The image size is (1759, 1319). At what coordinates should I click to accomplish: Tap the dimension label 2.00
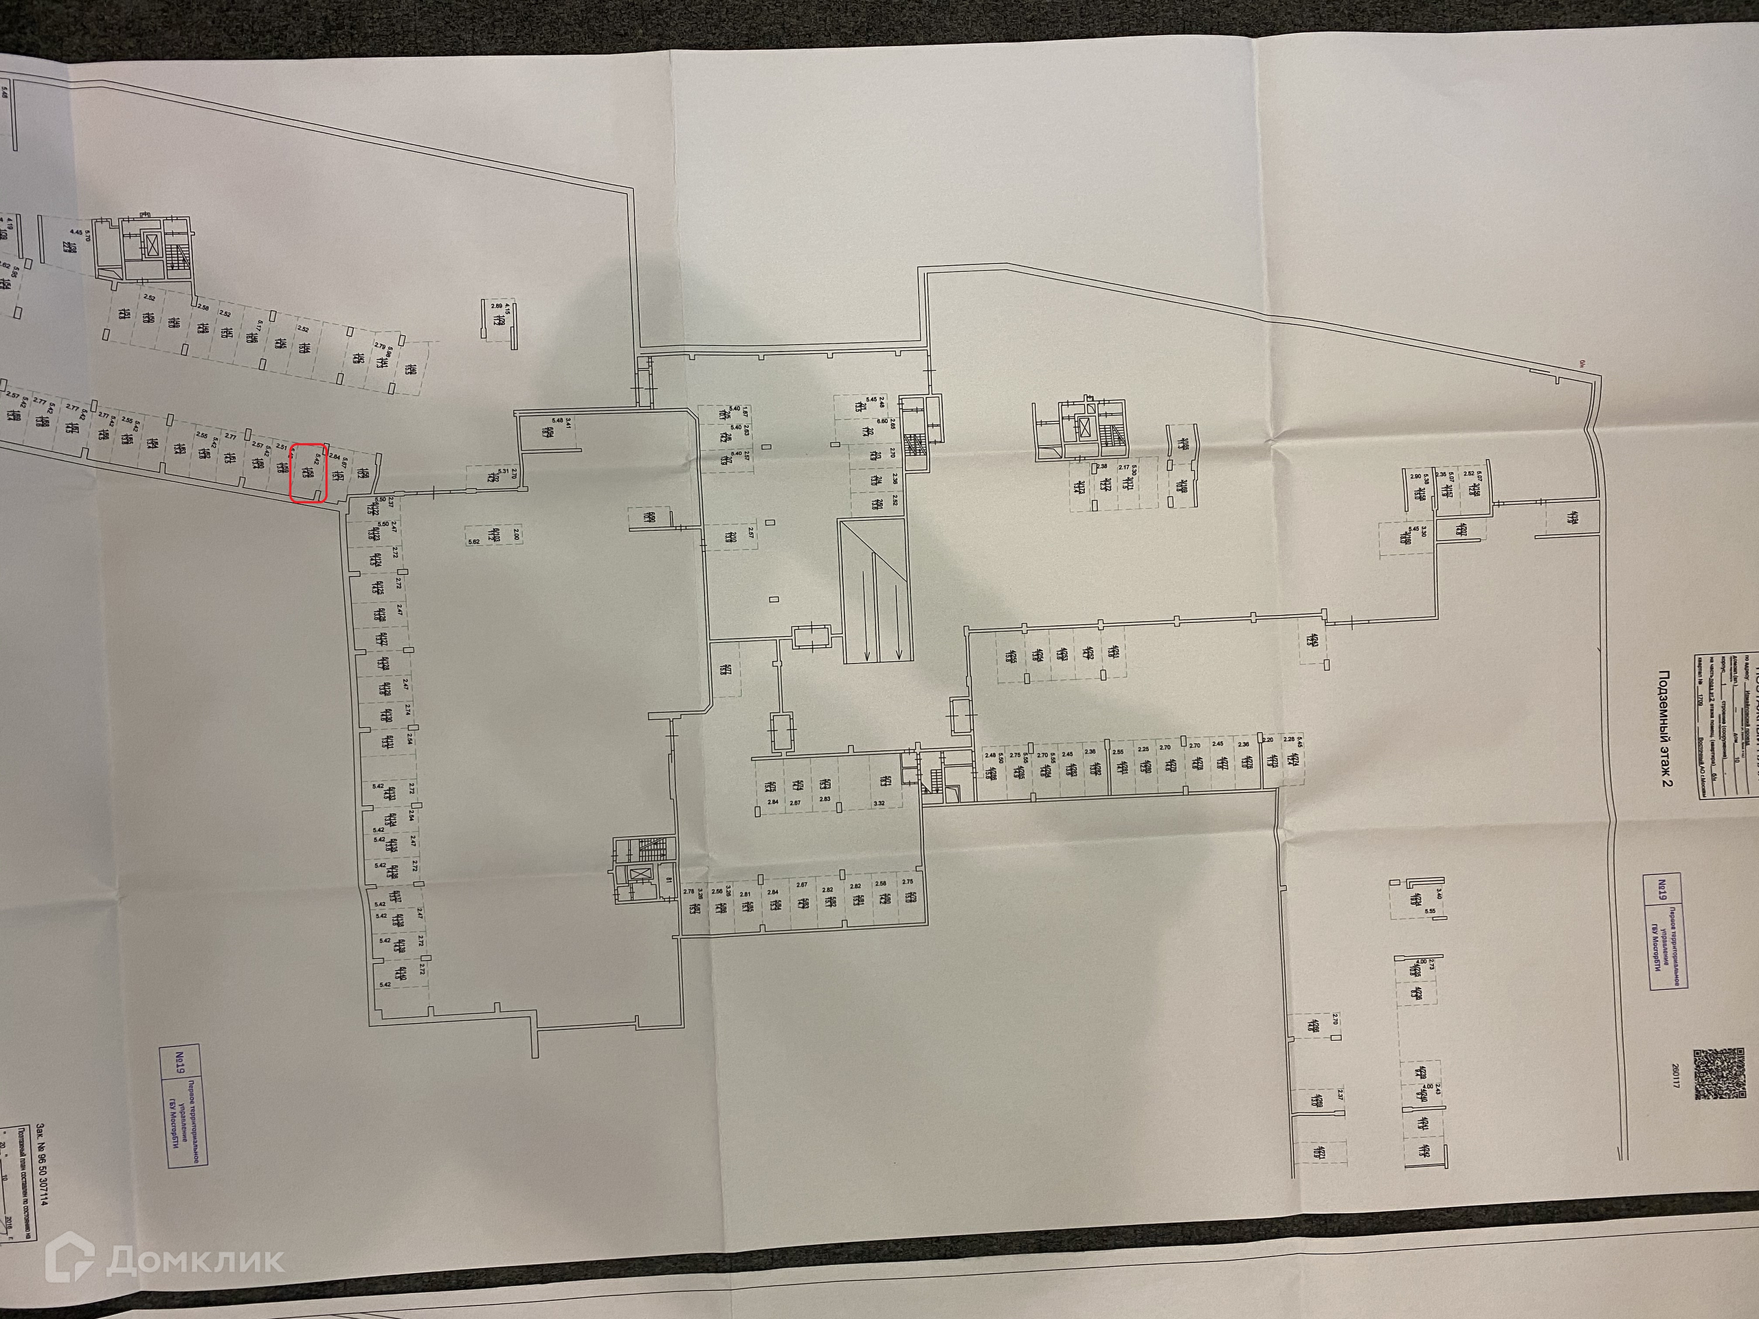click(516, 537)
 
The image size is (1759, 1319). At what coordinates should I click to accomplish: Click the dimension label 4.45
click(76, 232)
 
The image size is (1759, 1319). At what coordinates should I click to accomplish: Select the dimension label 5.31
click(502, 471)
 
